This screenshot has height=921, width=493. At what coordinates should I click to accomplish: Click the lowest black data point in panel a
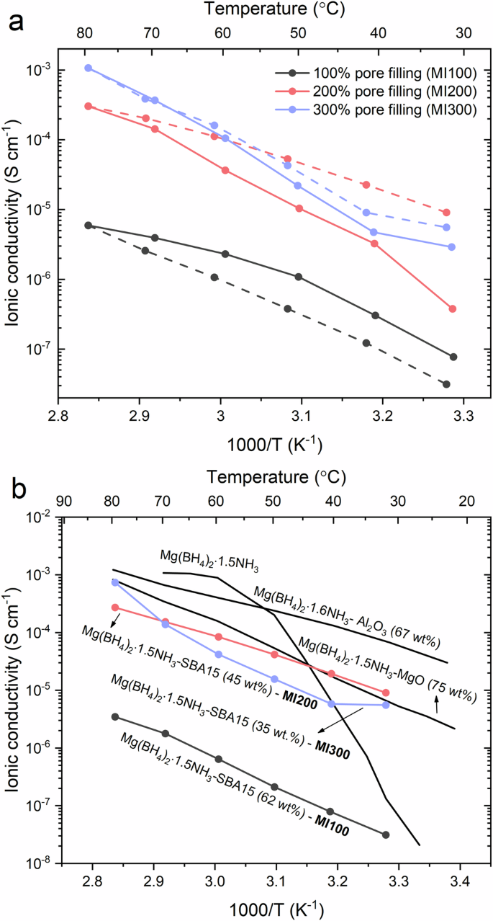coord(446,384)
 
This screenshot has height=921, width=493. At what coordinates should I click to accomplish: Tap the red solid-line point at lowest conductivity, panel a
coord(452,308)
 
